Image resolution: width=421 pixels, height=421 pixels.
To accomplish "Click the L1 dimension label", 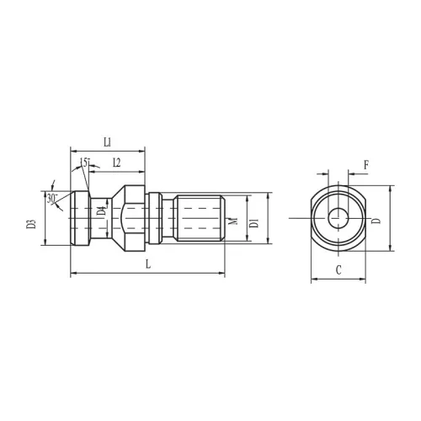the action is pyautogui.click(x=108, y=142).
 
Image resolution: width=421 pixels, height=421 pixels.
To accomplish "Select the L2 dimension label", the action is pyautogui.click(x=117, y=163).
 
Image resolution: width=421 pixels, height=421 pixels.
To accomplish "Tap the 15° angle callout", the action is pyautogui.click(x=85, y=163).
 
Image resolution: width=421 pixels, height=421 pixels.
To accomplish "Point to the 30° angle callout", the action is pyautogui.click(x=52, y=199).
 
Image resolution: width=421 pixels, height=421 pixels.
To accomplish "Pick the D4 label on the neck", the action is pyautogui.click(x=102, y=210).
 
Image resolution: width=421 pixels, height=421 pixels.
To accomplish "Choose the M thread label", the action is pyautogui.click(x=233, y=221).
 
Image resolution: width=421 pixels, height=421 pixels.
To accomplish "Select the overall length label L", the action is pyautogui.click(x=148, y=264).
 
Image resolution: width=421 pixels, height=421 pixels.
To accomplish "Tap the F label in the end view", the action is pyautogui.click(x=366, y=165).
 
